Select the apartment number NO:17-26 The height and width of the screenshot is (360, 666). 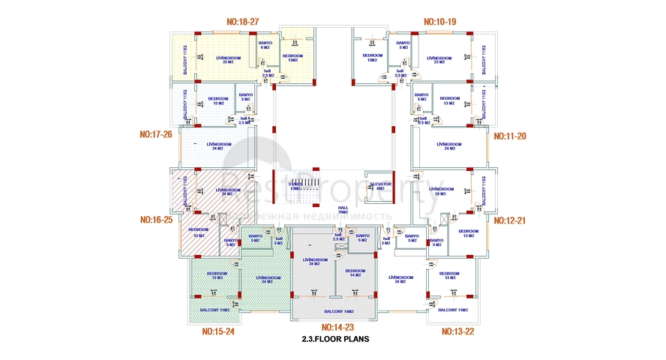coord(156,135)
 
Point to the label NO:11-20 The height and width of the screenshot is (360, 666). coord(508,136)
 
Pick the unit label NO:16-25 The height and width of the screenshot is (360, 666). coord(156,220)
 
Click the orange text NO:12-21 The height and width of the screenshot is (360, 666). coord(508,220)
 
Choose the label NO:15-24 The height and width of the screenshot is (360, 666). coord(219,331)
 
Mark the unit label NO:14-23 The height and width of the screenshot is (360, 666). coord(337,327)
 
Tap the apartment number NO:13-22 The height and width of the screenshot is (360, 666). coord(458,331)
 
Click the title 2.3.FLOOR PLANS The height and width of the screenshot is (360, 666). coord(334,339)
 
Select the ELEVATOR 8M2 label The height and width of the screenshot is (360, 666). coord(379,185)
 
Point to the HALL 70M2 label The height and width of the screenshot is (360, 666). coord(343,210)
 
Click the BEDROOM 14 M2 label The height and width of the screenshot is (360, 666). coord(355,272)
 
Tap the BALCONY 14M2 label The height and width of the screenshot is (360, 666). coord(339,311)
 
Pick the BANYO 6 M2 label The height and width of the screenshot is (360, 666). coord(265,45)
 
